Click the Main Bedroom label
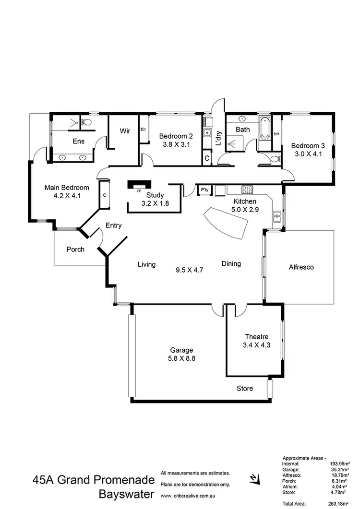coord(67,188)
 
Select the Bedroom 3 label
coord(308,145)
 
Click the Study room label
coord(155,195)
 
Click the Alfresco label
coord(301,267)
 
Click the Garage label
coord(181,350)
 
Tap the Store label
coord(245,388)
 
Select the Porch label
coord(75,249)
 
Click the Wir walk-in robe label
coord(125,130)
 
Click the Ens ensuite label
coord(79,141)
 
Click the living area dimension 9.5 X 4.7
coord(190,270)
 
